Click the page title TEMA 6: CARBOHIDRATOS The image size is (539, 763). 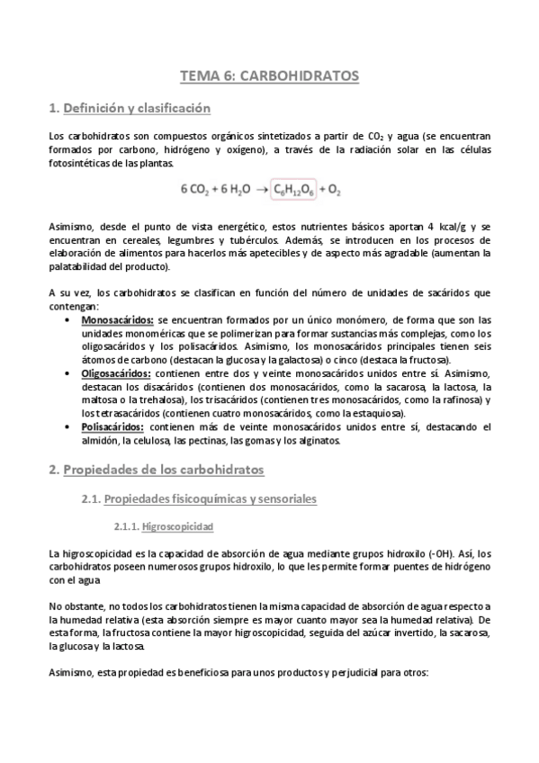[269, 76]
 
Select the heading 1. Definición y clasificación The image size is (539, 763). [130, 109]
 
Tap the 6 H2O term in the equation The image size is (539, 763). [232, 190]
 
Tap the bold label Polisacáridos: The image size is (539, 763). [112, 426]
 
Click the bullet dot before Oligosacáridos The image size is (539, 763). [71, 373]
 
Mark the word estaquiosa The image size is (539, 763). [378, 412]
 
